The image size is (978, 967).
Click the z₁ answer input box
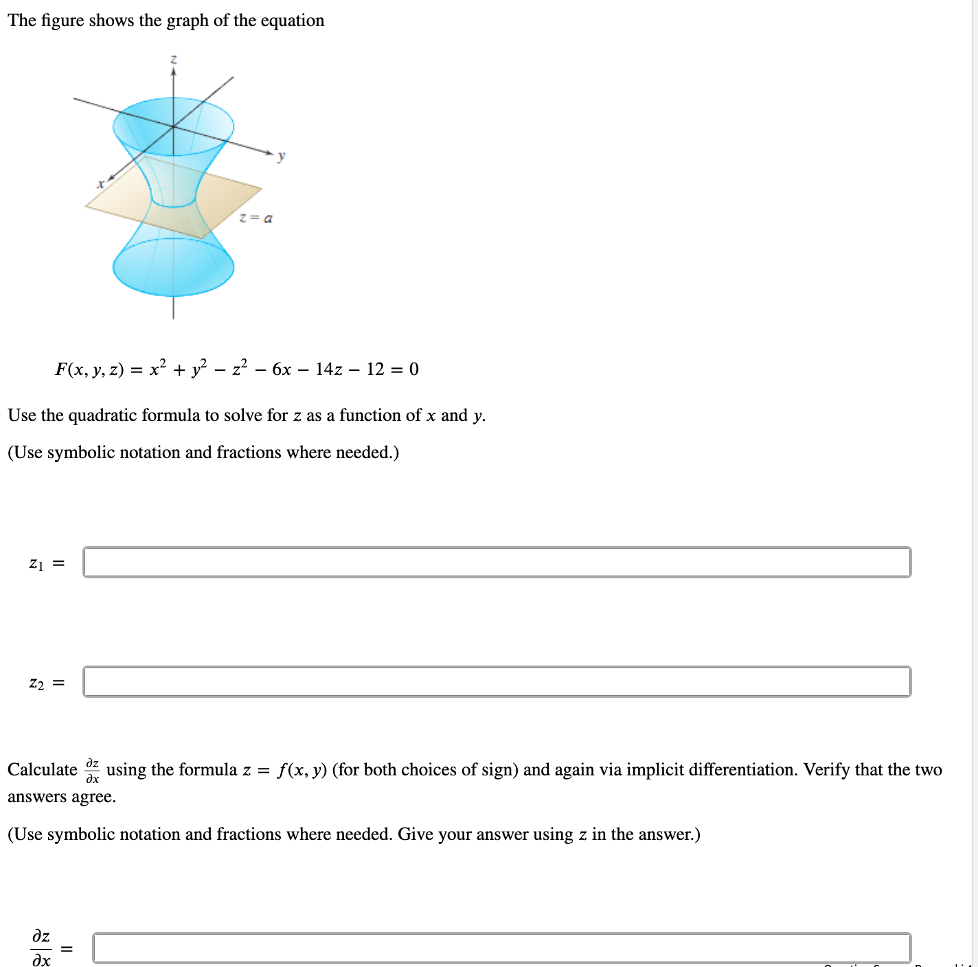click(x=497, y=562)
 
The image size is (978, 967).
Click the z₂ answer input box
click(x=497, y=681)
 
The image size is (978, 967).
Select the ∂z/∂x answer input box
click(x=501, y=948)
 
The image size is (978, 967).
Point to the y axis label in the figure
click(x=281, y=157)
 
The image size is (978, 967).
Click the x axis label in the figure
click(x=100, y=183)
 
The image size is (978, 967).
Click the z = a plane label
click(x=255, y=218)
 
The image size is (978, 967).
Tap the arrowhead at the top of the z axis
click(x=174, y=71)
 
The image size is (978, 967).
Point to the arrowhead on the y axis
click(x=271, y=152)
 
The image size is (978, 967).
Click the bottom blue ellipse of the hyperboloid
click(x=173, y=268)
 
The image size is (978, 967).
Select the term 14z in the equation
click(x=328, y=369)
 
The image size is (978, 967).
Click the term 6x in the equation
click(x=282, y=369)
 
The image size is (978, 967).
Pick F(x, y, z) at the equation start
click(x=89, y=369)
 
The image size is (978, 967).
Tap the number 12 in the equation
click(x=376, y=369)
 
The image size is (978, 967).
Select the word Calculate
click(x=43, y=770)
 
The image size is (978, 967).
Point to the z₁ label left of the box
click(x=36, y=564)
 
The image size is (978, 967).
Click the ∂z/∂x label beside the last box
click(x=41, y=948)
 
